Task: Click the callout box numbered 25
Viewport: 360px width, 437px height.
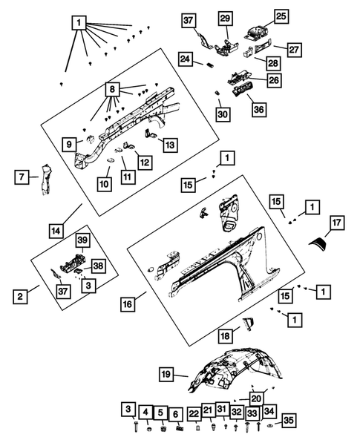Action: pos(281,16)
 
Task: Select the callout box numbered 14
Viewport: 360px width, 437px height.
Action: pos(56,231)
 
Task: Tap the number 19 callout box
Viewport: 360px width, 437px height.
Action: pos(166,374)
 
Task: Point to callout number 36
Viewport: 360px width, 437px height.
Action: pos(259,109)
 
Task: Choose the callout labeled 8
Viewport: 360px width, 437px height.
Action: pos(112,90)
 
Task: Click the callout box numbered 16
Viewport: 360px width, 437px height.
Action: pos(128,304)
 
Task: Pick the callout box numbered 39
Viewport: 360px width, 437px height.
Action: pos(82,240)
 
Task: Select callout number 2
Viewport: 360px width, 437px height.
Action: pos(20,297)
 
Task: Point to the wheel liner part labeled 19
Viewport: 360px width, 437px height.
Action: pos(235,369)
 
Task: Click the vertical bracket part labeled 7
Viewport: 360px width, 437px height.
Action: pos(45,180)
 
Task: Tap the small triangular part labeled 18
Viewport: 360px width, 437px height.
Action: pos(248,323)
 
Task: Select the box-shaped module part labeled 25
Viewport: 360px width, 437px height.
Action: pos(257,31)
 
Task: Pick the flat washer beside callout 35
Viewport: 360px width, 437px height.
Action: pos(270,426)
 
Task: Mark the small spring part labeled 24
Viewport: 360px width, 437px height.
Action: pos(210,65)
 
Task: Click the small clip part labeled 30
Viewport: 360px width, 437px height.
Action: pos(217,92)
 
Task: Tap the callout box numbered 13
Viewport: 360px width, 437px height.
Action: pos(170,145)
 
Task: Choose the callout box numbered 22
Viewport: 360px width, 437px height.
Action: pos(194,414)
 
